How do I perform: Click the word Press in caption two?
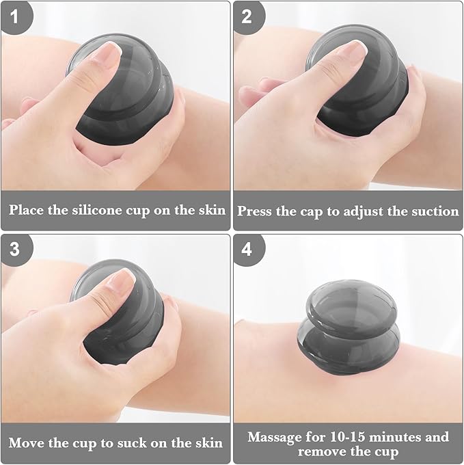255,211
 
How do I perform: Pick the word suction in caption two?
435,211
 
